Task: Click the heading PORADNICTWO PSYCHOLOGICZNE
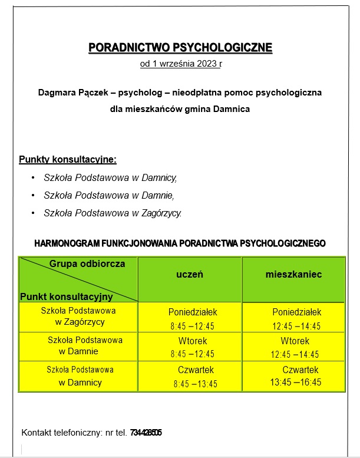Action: pos(180,48)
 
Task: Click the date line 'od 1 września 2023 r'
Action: pos(180,65)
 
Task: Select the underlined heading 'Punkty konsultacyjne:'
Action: pos(68,160)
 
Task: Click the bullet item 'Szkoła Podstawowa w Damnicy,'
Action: pos(110,177)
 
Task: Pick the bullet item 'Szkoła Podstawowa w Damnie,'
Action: pos(109,195)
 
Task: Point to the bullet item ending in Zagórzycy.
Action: pos(113,213)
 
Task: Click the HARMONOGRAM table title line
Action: pos(180,243)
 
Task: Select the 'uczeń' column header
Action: pos(190,275)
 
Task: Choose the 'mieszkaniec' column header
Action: pos(293,275)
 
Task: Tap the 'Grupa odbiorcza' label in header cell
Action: pos(87,264)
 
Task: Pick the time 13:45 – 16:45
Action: pos(296,383)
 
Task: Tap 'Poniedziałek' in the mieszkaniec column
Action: pos(297,312)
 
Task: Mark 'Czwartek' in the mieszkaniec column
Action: pos(300,370)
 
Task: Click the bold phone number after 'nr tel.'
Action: pos(146,433)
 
